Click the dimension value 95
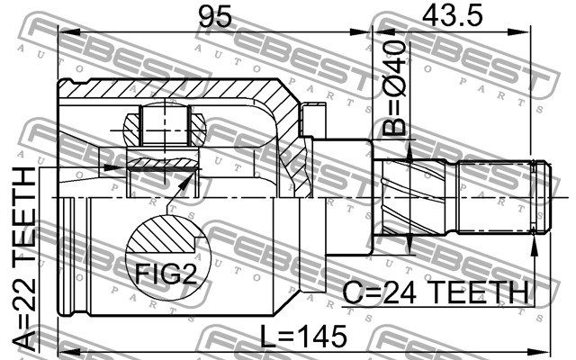[215, 17]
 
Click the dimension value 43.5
[452, 16]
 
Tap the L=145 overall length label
[303, 336]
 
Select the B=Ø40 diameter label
[394, 88]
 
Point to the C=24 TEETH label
[436, 292]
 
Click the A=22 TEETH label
[25, 258]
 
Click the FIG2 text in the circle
[166, 274]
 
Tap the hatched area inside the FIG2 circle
[162, 234]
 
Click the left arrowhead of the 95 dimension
[69, 33]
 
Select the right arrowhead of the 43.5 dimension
[520, 32]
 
